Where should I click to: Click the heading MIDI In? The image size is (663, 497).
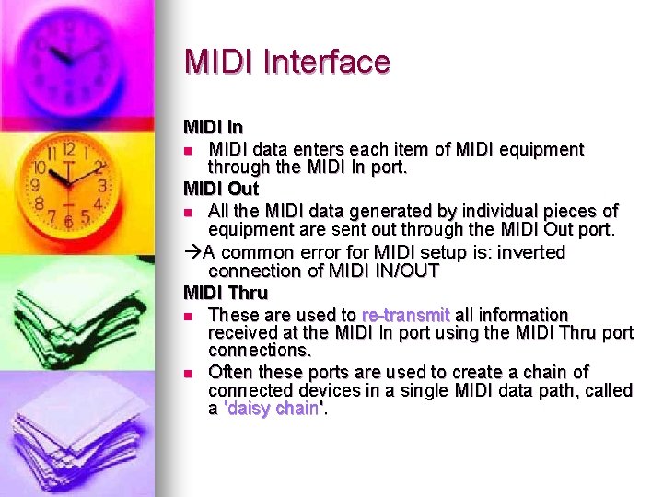pyautogui.click(x=212, y=126)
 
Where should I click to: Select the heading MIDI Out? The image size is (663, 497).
pyautogui.click(x=221, y=189)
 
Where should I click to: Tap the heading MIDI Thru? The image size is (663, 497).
pyautogui.click(x=226, y=294)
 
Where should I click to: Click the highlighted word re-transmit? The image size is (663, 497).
pyautogui.click(x=405, y=315)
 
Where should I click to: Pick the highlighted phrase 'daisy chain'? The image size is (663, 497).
pyautogui.click(x=275, y=409)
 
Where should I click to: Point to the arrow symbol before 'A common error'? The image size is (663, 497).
pyautogui.click(x=192, y=252)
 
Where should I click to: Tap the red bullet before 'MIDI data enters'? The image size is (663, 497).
pyautogui.click(x=188, y=150)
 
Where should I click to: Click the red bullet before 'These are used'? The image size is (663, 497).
pyautogui.click(x=188, y=316)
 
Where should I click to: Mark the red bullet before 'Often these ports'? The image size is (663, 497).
pyautogui.click(x=188, y=374)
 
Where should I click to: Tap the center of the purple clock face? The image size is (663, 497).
pyautogui.click(x=66, y=54)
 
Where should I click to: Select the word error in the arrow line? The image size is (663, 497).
pyautogui.click(x=342, y=252)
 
